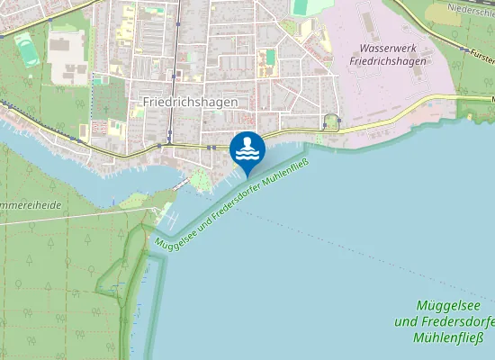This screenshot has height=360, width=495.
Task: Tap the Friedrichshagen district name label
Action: coord(190,102)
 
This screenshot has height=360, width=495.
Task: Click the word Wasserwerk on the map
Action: coord(384,46)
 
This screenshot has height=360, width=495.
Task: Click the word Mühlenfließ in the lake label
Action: coord(448,338)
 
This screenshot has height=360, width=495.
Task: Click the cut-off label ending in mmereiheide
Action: coord(31,205)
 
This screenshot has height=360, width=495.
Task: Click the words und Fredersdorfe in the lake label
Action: coord(445,322)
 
